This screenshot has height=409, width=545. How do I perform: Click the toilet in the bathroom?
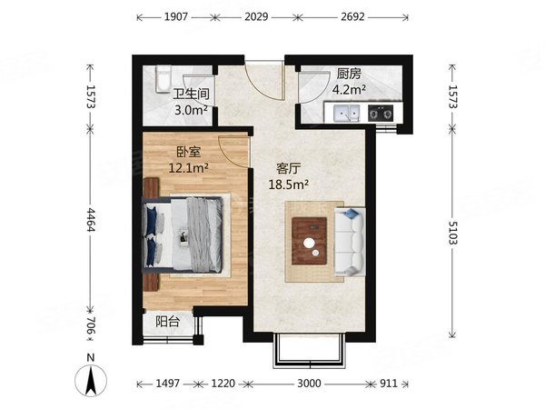(163, 79)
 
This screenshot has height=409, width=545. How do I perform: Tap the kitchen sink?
(347, 113)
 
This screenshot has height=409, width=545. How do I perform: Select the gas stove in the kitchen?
(381, 113)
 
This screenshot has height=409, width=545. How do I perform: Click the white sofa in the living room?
(350, 242)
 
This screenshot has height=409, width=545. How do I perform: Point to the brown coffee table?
(309, 241)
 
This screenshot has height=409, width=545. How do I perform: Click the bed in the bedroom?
(183, 234)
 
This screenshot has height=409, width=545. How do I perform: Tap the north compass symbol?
(91, 376)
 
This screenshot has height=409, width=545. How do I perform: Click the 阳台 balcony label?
(167, 322)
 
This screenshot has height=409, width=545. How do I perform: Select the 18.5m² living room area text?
(289, 185)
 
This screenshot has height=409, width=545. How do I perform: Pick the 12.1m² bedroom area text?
(188, 168)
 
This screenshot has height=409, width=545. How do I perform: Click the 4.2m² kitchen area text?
(349, 90)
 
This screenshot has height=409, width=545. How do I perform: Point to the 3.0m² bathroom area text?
(191, 110)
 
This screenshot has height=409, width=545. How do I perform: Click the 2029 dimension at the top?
(256, 16)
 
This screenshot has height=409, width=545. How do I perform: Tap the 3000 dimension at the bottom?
(309, 384)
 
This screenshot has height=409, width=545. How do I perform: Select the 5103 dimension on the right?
(452, 233)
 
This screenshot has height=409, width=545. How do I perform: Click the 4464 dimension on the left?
(90, 220)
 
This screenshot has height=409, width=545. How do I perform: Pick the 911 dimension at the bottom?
(388, 384)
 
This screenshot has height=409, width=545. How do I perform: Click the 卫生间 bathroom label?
(191, 95)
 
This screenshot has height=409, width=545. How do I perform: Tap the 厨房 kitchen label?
(349, 74)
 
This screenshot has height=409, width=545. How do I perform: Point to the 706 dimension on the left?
(90, 325)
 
